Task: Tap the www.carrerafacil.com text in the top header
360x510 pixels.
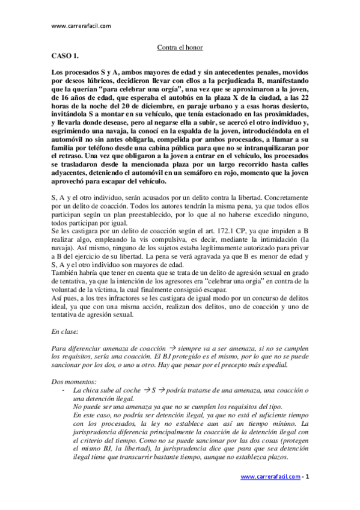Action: (81, 26)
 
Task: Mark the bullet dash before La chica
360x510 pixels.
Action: (63, 390)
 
